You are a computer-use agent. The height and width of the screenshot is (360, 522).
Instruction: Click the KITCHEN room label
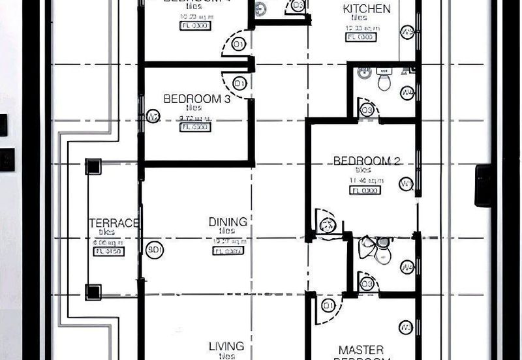click(367, 9)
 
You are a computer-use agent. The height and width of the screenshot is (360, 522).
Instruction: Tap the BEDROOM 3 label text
click(188, 99)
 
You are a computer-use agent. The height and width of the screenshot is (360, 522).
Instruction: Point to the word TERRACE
click(114, 223)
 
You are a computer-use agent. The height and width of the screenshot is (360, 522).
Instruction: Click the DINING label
click(228, 222)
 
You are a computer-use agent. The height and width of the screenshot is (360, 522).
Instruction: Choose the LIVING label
click(226, 346)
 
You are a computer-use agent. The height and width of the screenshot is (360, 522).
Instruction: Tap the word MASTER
click(361, 350)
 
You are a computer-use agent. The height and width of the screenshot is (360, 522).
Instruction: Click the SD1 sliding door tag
click(155, 250)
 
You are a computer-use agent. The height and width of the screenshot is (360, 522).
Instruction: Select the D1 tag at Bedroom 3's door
click(239, 83)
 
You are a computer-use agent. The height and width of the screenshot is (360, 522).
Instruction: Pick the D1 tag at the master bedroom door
click(328, 306)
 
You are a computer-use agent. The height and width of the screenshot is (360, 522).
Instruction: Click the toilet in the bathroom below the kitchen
click(384, 82)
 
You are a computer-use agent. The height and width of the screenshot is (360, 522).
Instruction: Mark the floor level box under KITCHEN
click(361, 37)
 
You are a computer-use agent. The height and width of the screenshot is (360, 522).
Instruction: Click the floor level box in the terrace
click(109, 251)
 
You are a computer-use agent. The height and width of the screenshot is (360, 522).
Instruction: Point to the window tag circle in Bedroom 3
click(153, 117)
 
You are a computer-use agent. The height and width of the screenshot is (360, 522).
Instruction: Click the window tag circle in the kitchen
click(407, 31)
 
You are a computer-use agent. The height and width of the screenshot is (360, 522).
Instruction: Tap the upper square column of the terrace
click(93, 166)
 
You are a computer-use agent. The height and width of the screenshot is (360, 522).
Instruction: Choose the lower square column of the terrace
click(93, 291)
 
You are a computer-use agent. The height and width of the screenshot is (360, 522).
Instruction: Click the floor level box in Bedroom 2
click(365, 190)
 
